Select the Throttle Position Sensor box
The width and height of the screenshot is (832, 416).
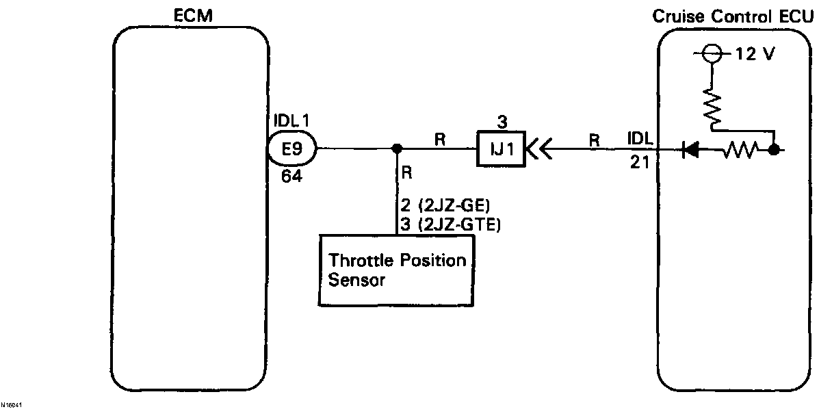pos(397,270)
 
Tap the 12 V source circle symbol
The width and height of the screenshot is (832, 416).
pos(712,55)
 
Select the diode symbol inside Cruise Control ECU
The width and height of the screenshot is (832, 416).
pos(690,149)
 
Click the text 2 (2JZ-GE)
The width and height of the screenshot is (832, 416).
pos(439,205)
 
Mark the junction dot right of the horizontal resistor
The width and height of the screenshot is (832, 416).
pos(774,149)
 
